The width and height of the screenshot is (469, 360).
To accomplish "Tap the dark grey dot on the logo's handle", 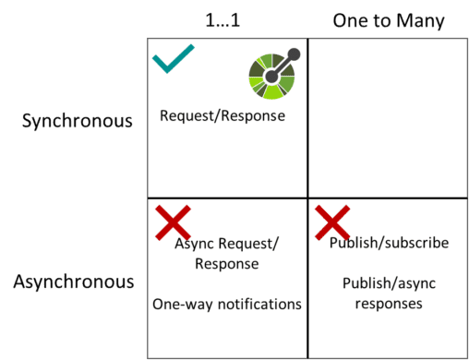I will coord(295,54).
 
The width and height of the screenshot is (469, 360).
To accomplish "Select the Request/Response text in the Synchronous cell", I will coord(222,116).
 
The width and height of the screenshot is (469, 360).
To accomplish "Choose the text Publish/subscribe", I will coord(389,243).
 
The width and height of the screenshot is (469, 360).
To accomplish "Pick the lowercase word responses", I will coord(389,304).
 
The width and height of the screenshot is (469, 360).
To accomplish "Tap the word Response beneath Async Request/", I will coord(227,263).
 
